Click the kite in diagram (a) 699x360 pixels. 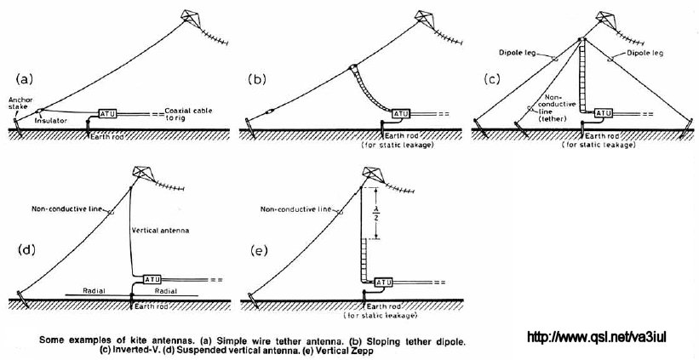pos(190,15)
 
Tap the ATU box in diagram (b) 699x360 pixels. pos(400,114)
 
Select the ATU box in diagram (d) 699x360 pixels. pos(152,280)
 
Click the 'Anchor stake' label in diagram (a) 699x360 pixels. pos(17,103)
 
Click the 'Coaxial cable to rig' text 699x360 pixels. pos(183,113)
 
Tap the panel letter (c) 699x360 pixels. pos(492,79)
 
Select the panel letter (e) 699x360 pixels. pos(260,250)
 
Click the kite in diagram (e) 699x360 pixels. pos(371,173)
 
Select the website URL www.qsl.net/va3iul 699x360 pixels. pos(597,337)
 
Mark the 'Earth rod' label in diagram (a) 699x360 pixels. pos(107,137)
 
